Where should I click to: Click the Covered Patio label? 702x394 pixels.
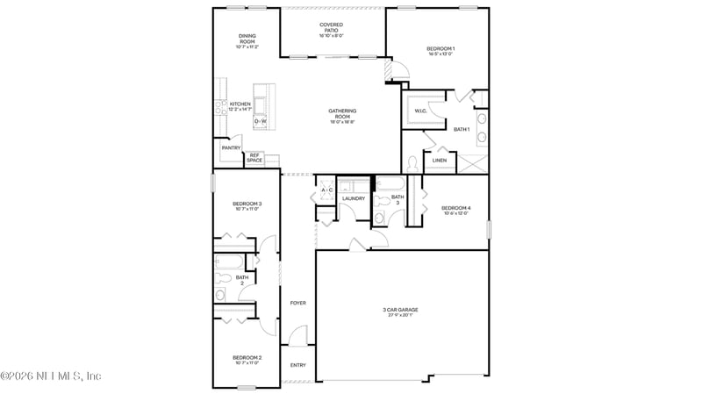[331, 28]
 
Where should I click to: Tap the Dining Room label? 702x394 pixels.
[247, 39]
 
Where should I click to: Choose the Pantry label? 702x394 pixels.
[231, 147]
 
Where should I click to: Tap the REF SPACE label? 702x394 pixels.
[254, 157]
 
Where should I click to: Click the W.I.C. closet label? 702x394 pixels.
[420, 111]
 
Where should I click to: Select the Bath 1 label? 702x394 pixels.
[462, 129]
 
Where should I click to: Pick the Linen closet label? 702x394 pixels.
[440, 160]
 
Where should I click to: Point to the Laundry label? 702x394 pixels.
[354, 198]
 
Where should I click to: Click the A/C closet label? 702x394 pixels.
[326, 190]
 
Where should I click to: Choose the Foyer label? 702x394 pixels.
[298, 303]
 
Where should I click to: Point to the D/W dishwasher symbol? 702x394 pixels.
[261, 121]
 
